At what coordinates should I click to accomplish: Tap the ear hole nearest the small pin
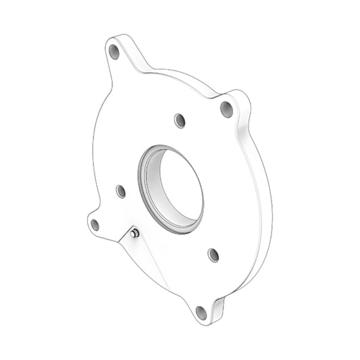95,224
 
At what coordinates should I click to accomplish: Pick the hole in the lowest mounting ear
201,312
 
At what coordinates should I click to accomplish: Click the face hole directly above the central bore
179,120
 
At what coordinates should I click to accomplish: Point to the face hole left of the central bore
121,191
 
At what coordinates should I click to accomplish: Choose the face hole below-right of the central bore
213,255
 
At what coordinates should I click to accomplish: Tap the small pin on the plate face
136,234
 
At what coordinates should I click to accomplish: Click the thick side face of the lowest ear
217,309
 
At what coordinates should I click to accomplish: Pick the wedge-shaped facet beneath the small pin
138,257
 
